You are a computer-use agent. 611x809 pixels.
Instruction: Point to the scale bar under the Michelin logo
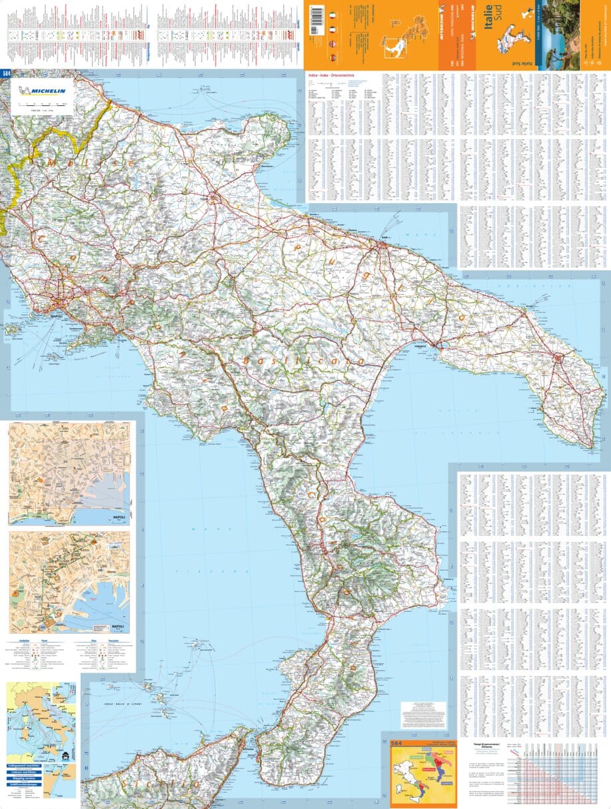(x=43, y=105)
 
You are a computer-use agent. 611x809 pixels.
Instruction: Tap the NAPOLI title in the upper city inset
(x=119, y=517)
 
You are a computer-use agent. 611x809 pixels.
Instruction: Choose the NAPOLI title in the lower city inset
(x=118, y=627)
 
